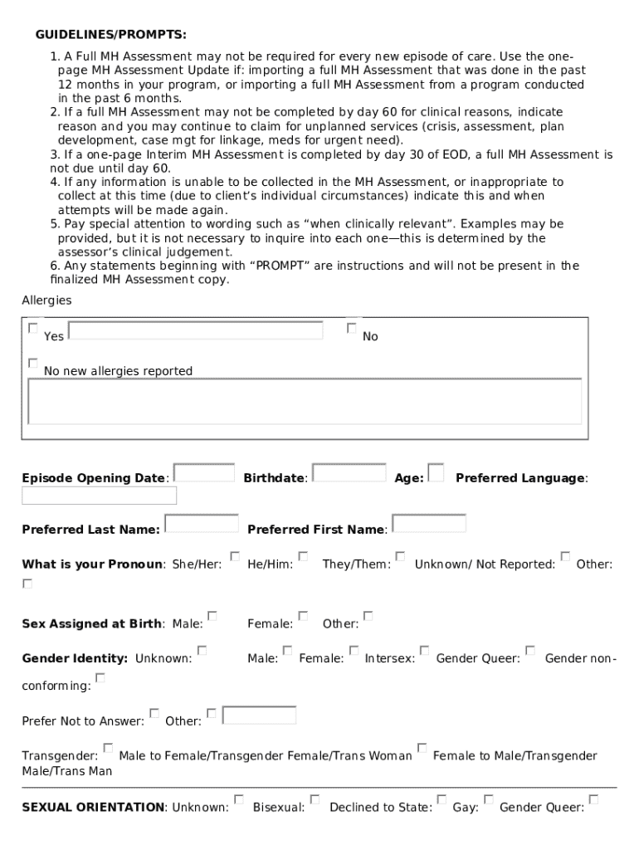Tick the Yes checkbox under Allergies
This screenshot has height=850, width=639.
click(x=33, y=329)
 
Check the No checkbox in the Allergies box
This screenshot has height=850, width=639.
click(x=352, y=329)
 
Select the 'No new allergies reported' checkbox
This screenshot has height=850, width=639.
click(x=33, y=364)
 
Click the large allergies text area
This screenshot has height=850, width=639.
click(x=305, y=402)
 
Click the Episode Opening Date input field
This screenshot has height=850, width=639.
click(x=204, y=472)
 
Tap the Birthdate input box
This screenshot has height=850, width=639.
click(x=349, y=472)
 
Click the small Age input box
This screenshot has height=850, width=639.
click(x=436, y=472)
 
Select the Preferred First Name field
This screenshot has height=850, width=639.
click(x=429, y=523)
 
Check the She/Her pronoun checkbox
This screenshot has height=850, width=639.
click(x=235, y=556)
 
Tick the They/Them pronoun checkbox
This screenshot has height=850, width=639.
click(x=400, y=556)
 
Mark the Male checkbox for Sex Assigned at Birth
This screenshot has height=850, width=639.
click(x=212, y=616)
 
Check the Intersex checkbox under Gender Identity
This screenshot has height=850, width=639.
click(x=424, y=651)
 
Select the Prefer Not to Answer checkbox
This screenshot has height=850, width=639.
click(x=154, y=713)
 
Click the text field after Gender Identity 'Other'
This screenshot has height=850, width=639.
click(x=260, y=714)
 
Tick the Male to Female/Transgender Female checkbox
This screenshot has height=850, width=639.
click(x=109, y=748)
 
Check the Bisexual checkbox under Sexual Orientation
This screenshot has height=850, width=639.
click(x=315, y=799)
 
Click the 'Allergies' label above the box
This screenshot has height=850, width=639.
click(x=46, y=300)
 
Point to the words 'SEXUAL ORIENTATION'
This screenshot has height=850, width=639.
click(x=93, y=807)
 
